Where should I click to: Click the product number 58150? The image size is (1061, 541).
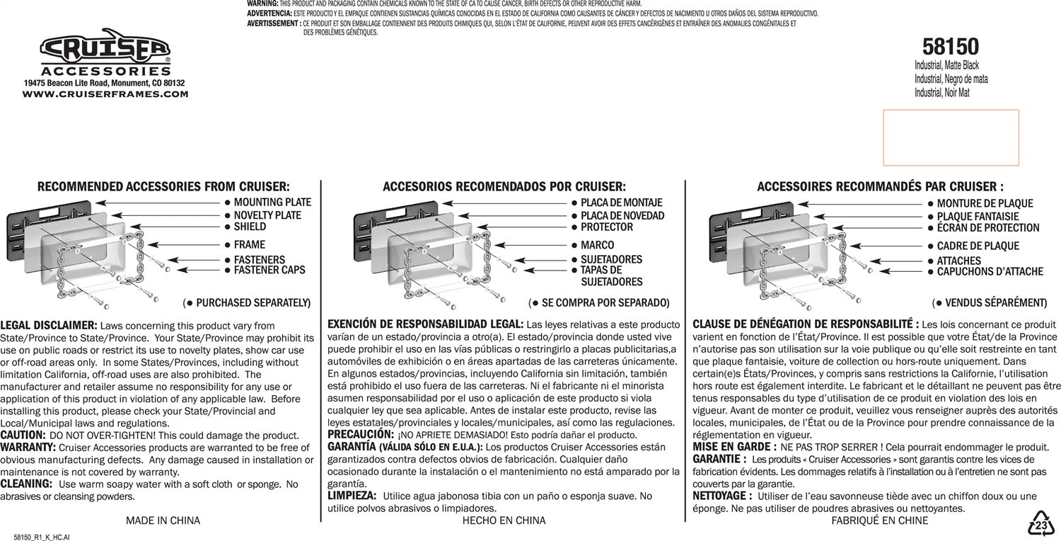pyautogui.click(x=951, y=47)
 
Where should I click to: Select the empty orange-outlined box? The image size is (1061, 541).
pyautogui.click(x=951, y=137)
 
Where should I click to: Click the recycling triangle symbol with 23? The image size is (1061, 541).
pyautogui.click(x=1041, y=525)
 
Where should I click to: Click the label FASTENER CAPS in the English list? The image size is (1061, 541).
pyautogui.click(x=269, y=270)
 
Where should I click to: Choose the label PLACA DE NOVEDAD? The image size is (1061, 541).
pyautogui.click(x=622, y=215)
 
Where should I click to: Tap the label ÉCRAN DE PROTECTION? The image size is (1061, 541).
pyautogui.click(x=988, y=228)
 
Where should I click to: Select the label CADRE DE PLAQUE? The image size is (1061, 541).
pyautogui.click(x=978, y=246)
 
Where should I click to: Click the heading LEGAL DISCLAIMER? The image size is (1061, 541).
pyautogui.click(x=49, y=325)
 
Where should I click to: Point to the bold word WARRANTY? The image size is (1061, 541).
pyautogui.click(x=28, y=448)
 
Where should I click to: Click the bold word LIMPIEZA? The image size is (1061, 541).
pyautogui.click(x=352, y=496)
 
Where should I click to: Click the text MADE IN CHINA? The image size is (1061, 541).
pyautogui.click(x=163, y=520)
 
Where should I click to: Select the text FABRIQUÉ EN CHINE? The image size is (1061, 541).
pyautogui.click(x=880, y=520)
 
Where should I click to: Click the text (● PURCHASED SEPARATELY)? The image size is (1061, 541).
pyautogui.click(x=247, y=303)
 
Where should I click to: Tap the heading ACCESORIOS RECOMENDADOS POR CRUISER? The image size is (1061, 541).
pyautogui.click(x=504, y=187)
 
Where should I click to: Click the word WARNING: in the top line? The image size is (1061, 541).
pyautogui.click(x=262, y=4)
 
